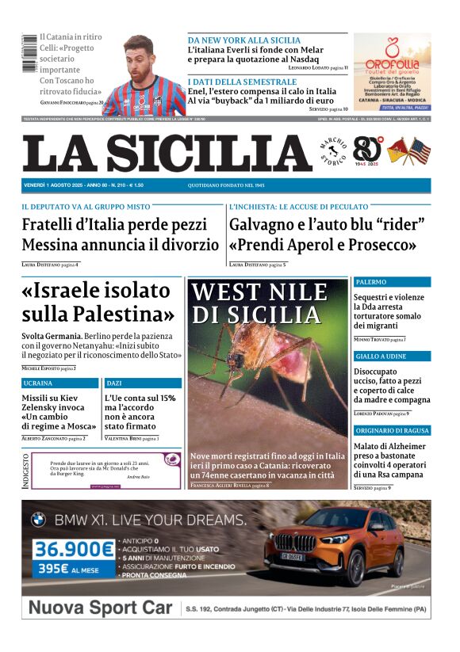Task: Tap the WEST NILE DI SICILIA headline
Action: (x=259, y=303)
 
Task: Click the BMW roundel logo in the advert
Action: (x=38, y=520)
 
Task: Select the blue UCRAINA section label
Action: (x=38, y=383)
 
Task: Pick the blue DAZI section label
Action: (x=114, y=383)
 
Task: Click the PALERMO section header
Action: (x=371, y=282)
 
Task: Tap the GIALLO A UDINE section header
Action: (x=380, y=357)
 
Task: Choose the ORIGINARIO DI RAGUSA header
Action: (x=392, y=430)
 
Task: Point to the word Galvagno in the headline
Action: (x=266, y=224)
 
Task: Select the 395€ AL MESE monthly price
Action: (x=66, y=569)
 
